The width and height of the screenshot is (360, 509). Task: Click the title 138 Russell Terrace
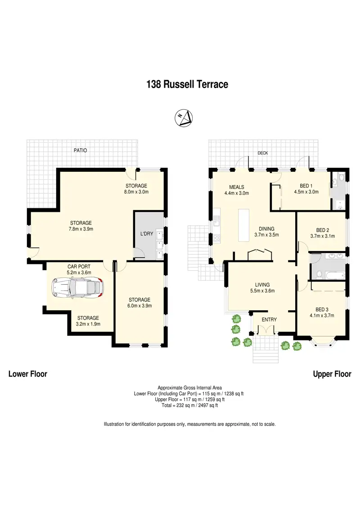[187, 84]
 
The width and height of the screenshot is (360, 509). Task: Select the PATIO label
[80, 151]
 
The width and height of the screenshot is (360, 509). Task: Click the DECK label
[262, 153]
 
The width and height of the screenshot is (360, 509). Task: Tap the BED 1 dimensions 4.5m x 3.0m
[306, 192]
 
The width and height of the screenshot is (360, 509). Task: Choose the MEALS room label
[236, 187]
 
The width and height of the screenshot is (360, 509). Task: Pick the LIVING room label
[262, 285]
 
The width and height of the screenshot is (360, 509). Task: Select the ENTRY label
[269, 320]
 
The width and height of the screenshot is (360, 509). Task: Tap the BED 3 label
[320, 309]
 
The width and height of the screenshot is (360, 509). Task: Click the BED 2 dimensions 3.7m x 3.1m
[323, 236]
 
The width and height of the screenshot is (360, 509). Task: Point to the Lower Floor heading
[28, 374]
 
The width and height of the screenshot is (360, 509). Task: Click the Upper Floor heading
[332, 374]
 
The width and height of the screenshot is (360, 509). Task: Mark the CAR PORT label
[79, 267]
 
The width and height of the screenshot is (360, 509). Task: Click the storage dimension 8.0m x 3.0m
[136, 192]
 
